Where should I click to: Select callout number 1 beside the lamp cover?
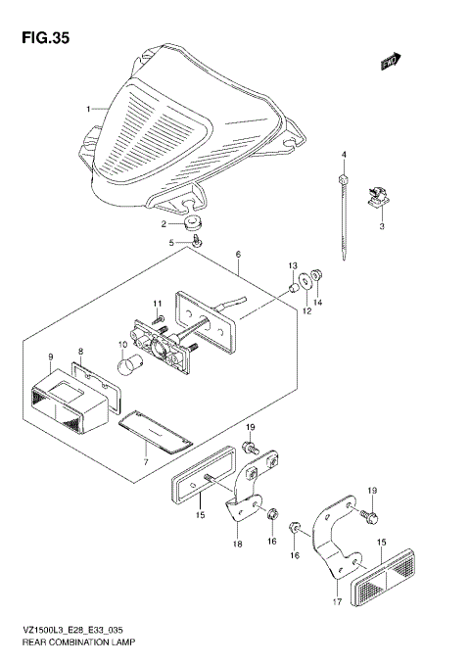point(88,108)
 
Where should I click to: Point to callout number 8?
point(81,350)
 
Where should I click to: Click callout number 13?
point(291,265)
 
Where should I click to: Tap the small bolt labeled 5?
point(197,241)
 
